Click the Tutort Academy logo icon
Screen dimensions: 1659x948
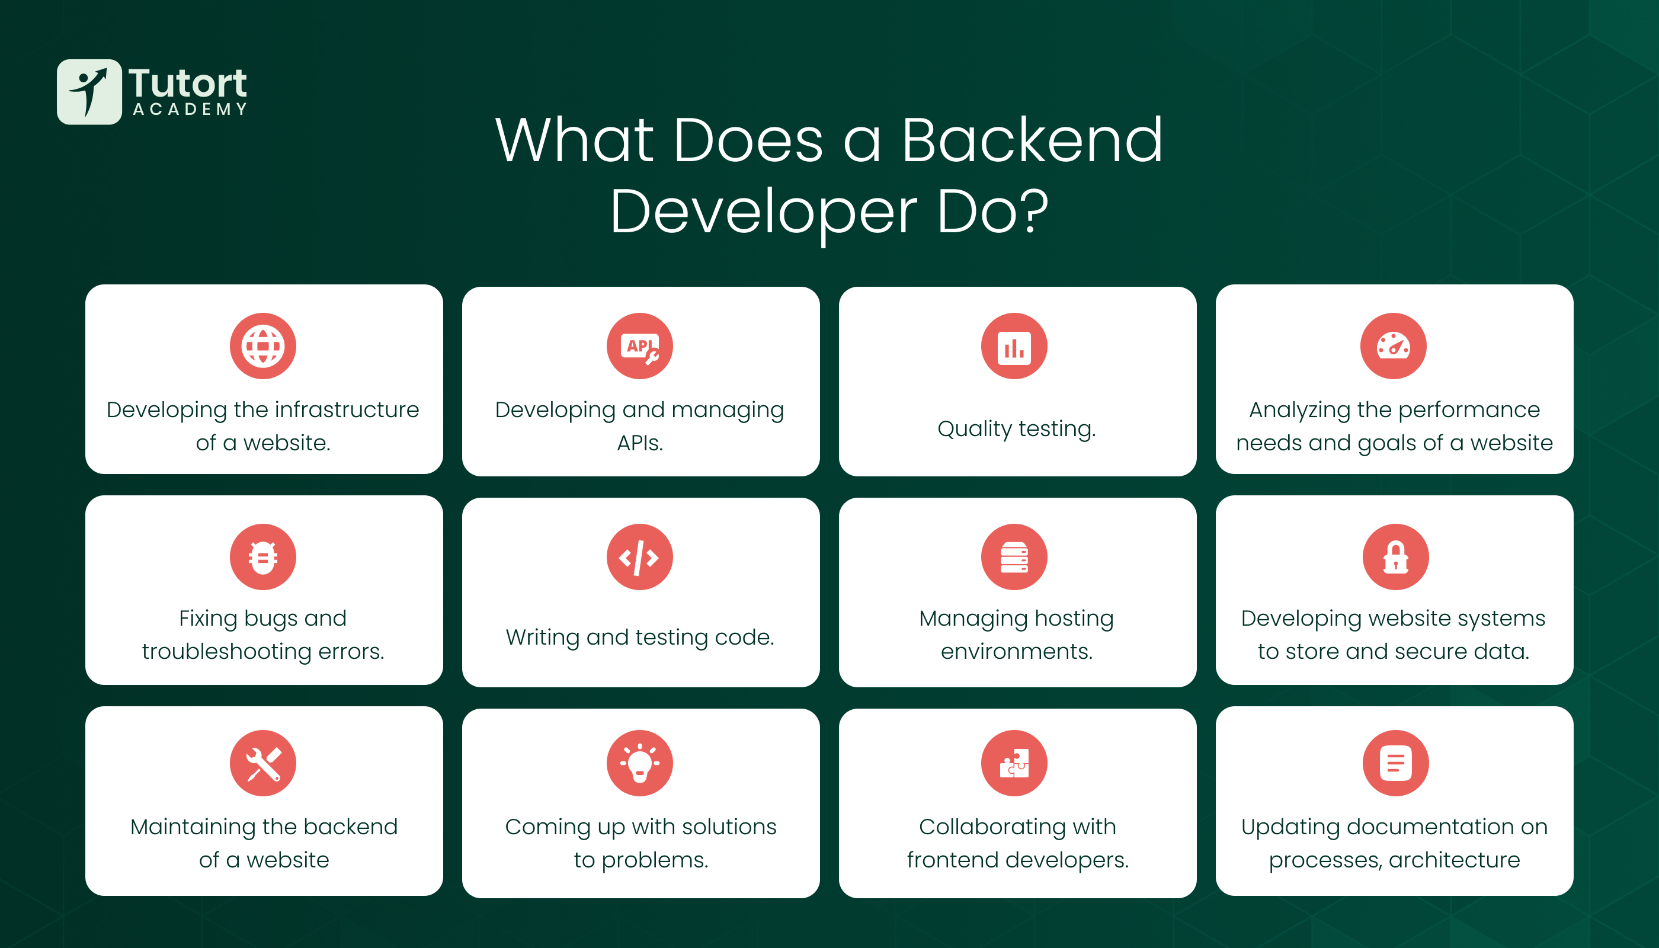[x=89, y=92]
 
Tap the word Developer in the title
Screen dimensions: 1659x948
[x=764, y=212]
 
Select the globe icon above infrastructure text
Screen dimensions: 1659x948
[x=263, y=346]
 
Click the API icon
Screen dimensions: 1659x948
[x=639, y=346]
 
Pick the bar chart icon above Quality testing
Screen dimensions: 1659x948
[x=1014, y=346]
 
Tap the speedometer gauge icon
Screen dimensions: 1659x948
[x=1394, y=346]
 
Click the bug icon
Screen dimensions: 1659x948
[x=263, y=557]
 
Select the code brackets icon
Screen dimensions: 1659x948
[x=639, y=557]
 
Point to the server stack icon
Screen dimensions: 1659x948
[x=1014, y=557]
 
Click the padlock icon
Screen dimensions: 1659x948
[x=1396, y=557]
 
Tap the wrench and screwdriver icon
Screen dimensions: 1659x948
[x=263, y=763]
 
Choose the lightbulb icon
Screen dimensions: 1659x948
[x=639, y=763]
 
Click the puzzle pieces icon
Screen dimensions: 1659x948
[x=1014, y=763]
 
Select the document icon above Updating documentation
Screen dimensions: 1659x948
[x=1396, y=763]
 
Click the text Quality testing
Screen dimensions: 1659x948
[x=1017, y=429]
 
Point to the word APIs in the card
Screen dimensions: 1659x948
[x=639, y=443]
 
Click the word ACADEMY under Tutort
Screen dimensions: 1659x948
[x=190, y=109]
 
